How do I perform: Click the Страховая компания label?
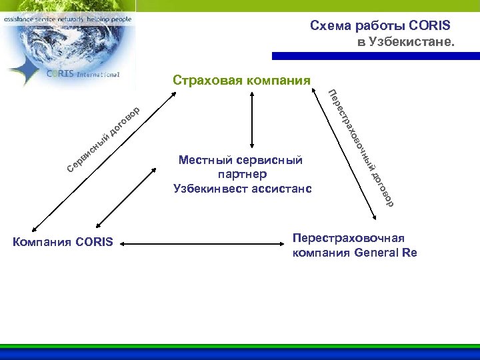coord(241,81)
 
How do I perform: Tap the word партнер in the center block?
coord(242,174)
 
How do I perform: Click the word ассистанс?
coord(283,189)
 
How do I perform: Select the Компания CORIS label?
coord(63,241)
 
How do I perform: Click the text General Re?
coord(386,253)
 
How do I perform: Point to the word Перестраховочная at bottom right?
coord(349,238)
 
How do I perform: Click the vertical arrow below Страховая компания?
coord(251,119)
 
